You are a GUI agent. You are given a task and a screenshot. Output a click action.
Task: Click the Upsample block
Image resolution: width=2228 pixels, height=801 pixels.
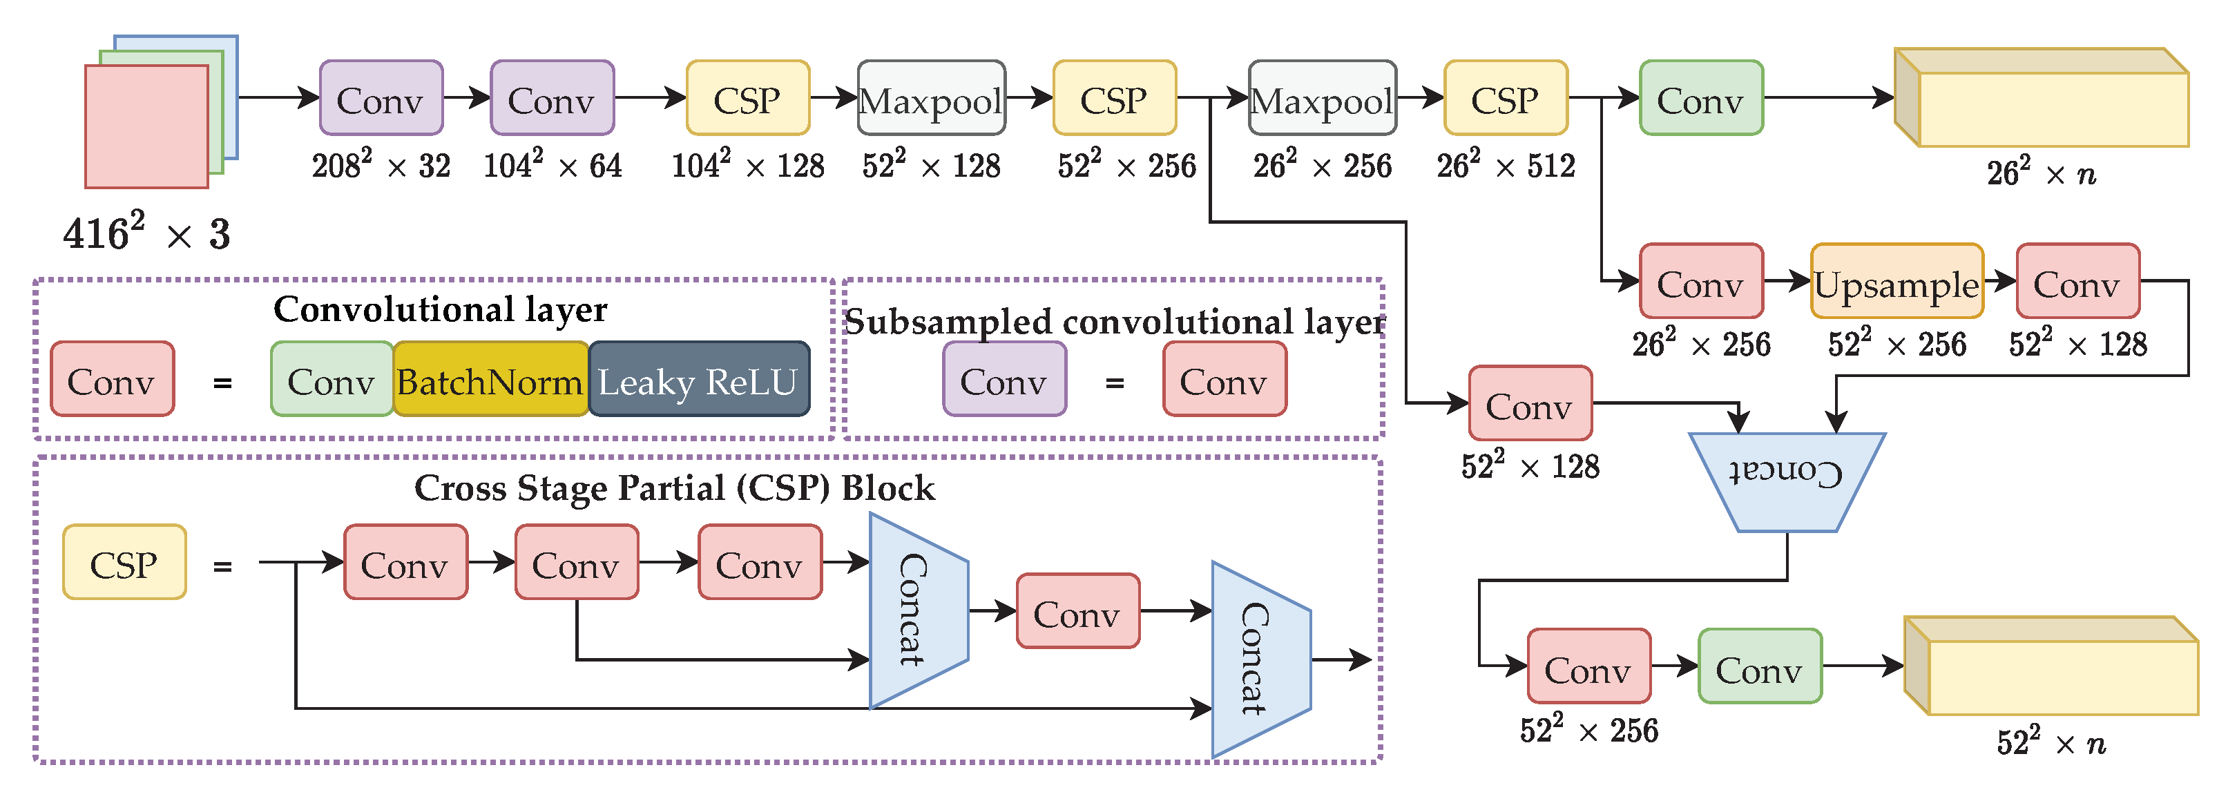(x=1896, y=281)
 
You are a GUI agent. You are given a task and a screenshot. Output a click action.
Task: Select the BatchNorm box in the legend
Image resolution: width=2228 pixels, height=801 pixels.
(x=490, y=379)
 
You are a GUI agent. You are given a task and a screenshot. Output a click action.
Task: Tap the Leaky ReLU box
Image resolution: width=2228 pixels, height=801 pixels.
(x=699, y=379)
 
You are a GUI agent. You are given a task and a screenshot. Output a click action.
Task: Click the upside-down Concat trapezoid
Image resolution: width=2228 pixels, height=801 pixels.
(x=1787, y=482)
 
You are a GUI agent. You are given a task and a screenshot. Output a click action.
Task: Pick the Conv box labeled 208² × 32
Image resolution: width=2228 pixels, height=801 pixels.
(x=381, y=98)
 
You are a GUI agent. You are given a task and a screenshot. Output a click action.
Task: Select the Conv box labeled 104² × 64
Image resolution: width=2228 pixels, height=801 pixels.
(x=553, y=98)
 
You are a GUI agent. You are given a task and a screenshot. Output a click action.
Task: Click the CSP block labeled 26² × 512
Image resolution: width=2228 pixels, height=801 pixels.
(x=1506, y=98)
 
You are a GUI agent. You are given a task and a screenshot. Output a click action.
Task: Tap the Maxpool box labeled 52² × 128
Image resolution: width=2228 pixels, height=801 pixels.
(x=932, y=98)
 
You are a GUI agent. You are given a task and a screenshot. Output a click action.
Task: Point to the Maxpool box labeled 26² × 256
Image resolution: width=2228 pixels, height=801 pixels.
(x=1323, y=98)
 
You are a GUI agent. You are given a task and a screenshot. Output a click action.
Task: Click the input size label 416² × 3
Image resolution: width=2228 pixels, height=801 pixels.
(x=147, y=232)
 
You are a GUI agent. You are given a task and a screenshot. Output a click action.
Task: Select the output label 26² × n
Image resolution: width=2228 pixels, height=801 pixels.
(x=2041, y=172)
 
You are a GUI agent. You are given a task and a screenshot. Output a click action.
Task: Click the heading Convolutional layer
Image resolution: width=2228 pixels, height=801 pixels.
(x=440, y=309)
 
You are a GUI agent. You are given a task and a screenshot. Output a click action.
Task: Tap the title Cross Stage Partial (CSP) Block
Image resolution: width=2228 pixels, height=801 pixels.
(x=675, y=489)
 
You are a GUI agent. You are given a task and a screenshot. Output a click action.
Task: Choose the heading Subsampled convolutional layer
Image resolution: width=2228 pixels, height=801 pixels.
(x=1115, y=322)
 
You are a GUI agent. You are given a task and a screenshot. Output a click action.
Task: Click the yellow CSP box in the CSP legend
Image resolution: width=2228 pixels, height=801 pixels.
(x=124, y=562)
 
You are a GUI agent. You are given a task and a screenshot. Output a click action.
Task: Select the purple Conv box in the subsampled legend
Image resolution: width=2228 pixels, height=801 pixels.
(x=1005, y=379)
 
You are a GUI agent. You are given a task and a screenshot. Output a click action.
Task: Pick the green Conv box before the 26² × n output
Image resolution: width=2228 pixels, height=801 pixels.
(x=1701, y=98)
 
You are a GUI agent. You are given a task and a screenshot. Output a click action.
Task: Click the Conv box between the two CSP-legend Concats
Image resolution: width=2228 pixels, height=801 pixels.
(x=1077, y=610)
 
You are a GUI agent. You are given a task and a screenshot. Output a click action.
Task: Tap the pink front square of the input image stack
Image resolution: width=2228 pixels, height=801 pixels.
(x=147, y=126)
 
